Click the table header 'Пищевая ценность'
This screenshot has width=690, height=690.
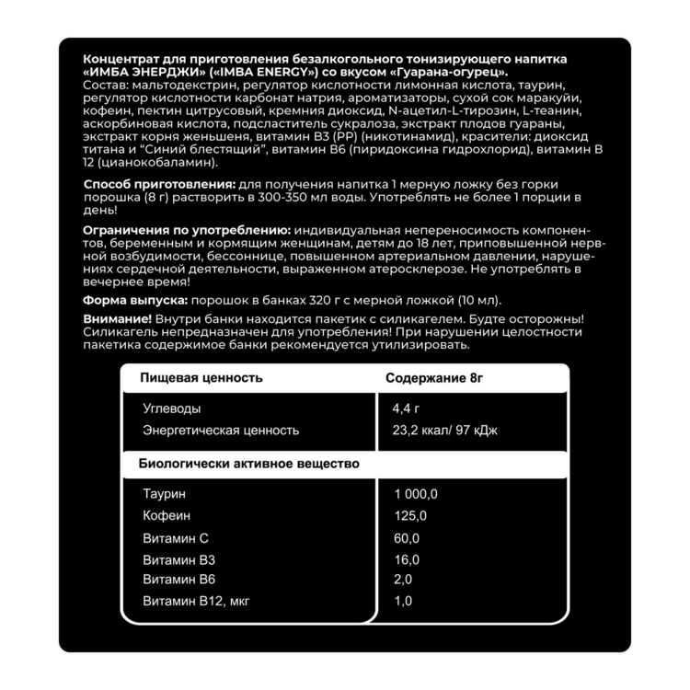(201, 377)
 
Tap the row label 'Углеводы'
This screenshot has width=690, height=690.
(172, 408)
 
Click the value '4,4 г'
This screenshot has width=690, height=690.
(406, 408)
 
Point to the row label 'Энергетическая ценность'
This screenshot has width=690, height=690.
(221, 431)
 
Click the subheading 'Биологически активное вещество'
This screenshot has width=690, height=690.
(248, 464)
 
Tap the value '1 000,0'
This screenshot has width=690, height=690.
(416, 494)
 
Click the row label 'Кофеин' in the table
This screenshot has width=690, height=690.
(165, 515)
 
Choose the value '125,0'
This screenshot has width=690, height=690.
(410, 515)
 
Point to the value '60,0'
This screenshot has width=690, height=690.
(407, 538)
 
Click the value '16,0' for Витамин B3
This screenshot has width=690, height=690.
(407, 559)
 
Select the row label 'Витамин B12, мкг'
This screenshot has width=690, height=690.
(196, 602)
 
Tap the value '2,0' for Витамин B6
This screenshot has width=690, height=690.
(403, 580)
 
